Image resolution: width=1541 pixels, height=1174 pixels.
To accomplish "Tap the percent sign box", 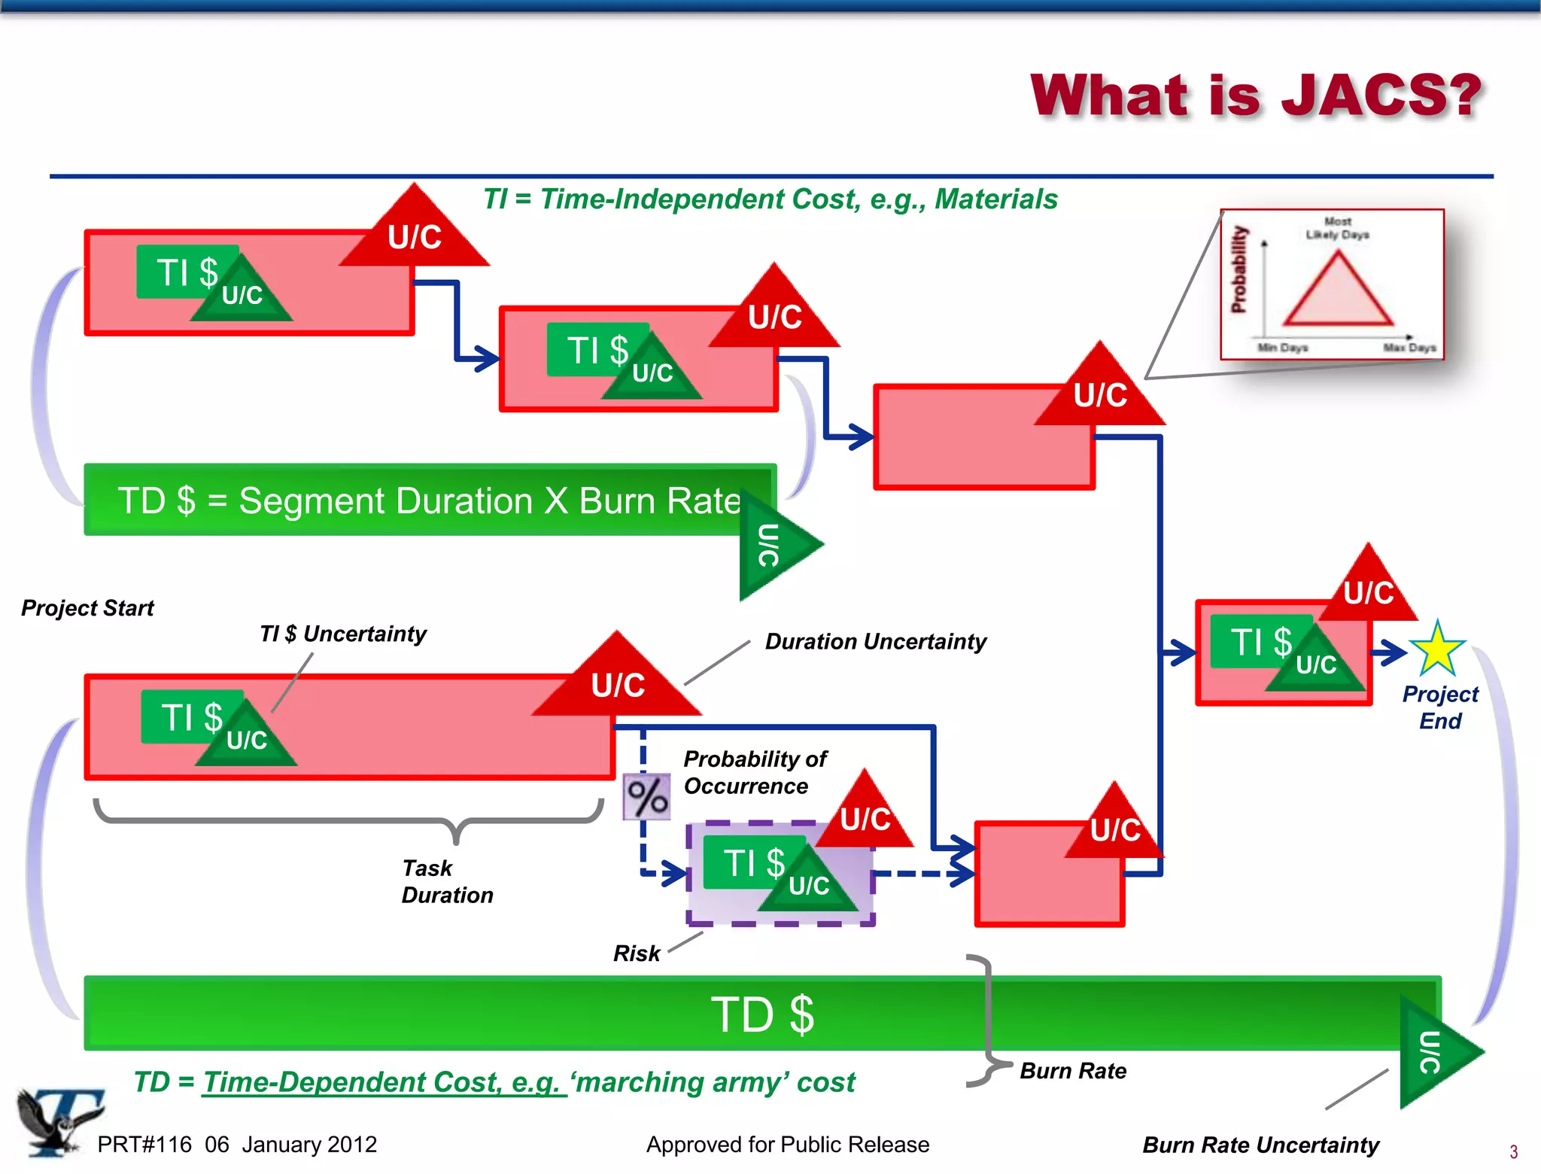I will [x=646, y=797].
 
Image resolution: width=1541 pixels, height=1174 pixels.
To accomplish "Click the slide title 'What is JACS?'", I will [x=1255, y=96].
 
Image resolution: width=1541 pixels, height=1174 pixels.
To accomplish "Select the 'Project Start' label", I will [x=87, y=608].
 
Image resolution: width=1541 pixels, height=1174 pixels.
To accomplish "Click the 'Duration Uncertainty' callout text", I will [x=875, y=641].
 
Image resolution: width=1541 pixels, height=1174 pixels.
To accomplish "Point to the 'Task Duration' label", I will [x=446, y=881].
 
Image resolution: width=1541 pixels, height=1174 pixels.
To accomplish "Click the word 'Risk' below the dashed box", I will [x=637, y=953].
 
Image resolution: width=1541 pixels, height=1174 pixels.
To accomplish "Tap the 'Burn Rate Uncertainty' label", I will [x=1260, y=1145].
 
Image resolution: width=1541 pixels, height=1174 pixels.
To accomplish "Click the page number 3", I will [x=1513, y=1151].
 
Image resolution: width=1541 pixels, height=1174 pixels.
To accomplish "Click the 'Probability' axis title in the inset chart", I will [x=1239, y=269].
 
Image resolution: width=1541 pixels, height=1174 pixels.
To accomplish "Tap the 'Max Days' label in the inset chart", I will [x=1409, y=348].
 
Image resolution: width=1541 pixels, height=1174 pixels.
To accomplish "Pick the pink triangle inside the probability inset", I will [x=1338, y=293].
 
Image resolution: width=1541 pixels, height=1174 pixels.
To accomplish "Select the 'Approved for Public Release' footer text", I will [x=787, y=1145].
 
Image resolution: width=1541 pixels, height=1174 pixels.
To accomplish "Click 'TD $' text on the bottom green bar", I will [x=762, y=1014].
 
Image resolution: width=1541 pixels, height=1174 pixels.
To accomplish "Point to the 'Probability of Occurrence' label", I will [x=755, y=772].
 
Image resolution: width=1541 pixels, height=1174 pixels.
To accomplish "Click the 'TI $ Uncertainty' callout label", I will [x=342, y=634].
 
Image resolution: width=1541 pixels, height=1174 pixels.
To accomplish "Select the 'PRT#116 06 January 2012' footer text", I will [x=237, y=1145].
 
